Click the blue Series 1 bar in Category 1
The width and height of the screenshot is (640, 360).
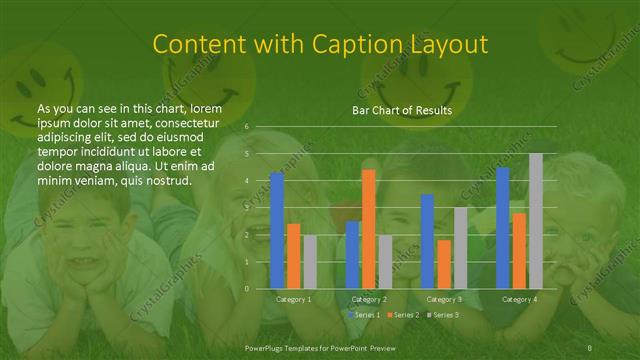[277, 230]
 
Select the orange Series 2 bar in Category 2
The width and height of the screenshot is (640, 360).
[368, 229]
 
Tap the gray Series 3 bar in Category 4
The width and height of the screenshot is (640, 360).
[535, 221]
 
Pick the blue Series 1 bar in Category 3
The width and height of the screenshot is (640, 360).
[428, 241]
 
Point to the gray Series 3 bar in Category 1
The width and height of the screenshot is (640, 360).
[309, 262]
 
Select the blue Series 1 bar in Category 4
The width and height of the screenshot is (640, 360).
[503, 228]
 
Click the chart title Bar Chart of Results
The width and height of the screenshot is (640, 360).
[401, 110]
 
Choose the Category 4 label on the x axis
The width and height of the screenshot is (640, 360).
[519, 299]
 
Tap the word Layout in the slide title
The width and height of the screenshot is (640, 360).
[449, 45]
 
